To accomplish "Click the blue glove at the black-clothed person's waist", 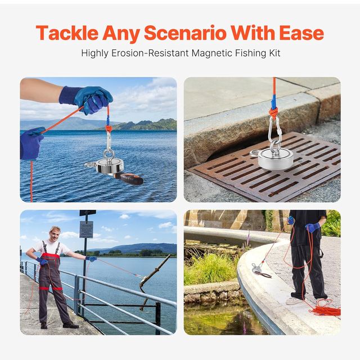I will point(313,227).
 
